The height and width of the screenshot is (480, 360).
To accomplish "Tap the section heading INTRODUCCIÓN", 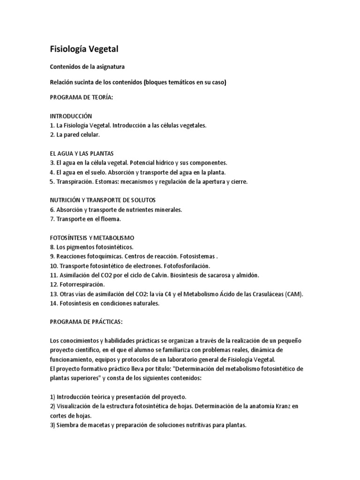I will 71,116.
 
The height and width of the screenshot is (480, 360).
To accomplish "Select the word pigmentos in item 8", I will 82,247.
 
